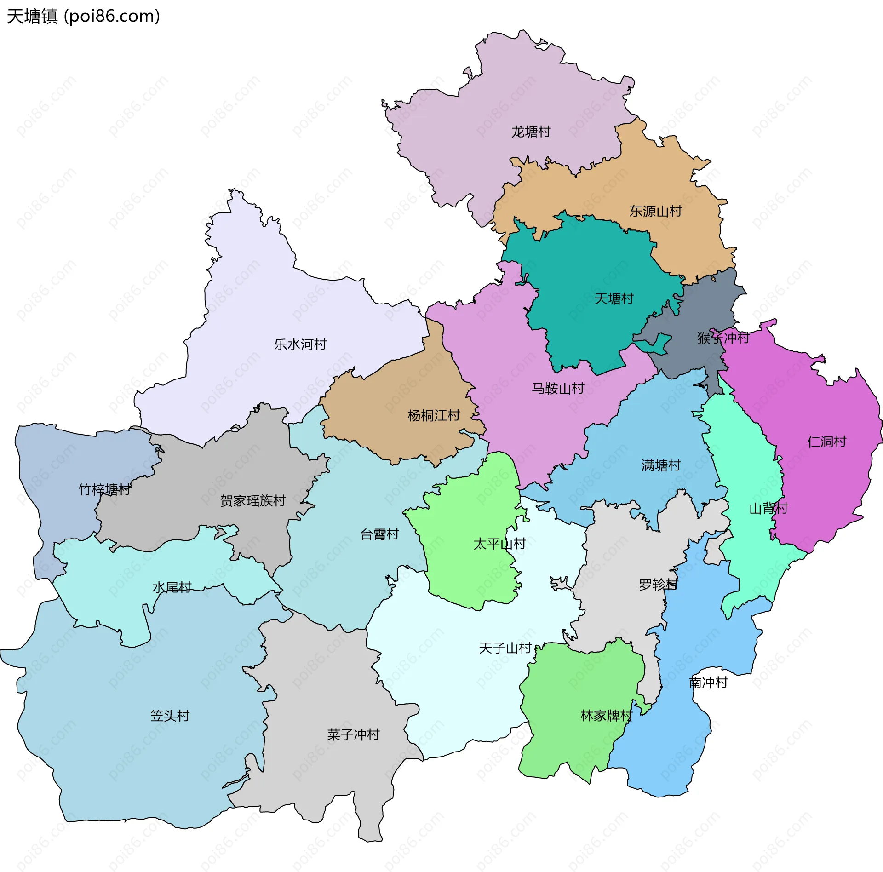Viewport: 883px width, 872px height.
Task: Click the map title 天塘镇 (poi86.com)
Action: (x=83, y=17)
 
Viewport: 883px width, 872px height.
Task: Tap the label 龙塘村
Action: (x=531, y=132)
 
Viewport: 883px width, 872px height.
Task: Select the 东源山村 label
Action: (x=655, y=212)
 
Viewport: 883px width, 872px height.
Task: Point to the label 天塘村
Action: (x=614, y=299)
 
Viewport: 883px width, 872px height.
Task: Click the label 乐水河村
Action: (x=300, y=344)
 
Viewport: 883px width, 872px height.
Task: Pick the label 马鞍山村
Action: (x=557, y=389)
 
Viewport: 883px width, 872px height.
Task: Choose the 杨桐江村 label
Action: (x=434, y=416)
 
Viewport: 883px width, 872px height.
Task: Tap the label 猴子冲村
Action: (x=723, y=338)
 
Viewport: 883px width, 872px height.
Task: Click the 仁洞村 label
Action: (x=826, y=442)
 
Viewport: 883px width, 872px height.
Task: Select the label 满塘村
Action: (x=660, y=465)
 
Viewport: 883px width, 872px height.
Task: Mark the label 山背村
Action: (x=768, y=509)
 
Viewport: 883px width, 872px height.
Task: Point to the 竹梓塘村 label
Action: (x=104, y=489)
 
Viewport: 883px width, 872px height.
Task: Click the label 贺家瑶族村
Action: (x=252, y=500)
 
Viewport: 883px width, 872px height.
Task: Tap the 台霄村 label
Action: (x=379, y=534)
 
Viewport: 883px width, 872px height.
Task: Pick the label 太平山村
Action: (x=499, y=544)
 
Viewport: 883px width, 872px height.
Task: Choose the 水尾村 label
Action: (x=172, y=587)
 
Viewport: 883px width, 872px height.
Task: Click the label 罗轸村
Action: (x=658, y=585)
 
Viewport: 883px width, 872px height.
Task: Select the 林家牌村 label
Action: (x=606, y=716)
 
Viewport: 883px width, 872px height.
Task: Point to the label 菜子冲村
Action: (x=353, y=734)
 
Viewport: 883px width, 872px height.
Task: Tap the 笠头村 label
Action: (x=170, y=716)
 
